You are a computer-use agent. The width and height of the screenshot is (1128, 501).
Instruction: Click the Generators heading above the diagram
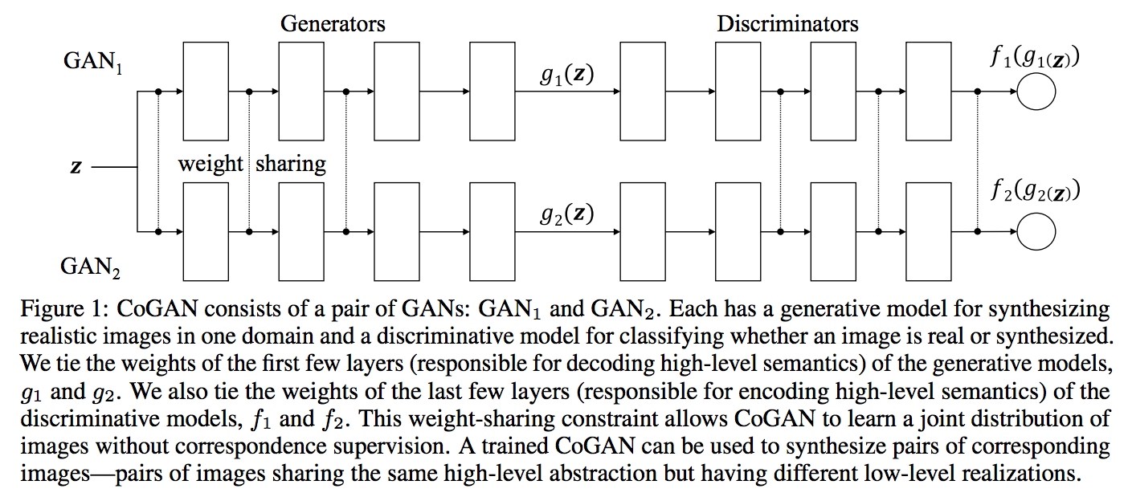pyautogui.click(x=333, y=23)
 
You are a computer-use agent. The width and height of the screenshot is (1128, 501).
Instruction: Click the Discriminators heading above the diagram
pyautogui.click(x=787, y=23)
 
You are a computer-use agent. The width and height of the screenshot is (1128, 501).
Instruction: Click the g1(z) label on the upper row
pyautogui.click(x=566, y=76)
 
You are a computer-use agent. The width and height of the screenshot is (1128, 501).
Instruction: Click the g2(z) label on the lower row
pyautogui.click(x=566, y=215)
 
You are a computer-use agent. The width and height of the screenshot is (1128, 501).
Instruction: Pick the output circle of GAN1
pyautogui.click(x=1036, y=92)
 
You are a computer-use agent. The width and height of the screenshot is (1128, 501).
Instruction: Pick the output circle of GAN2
pyautogui.click(x=1036, y=231)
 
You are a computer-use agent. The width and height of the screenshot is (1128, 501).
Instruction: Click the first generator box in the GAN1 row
pyautogui.click(x=206, y=92)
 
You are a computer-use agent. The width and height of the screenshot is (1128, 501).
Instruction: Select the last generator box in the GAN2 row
pyautogui.click(x=492, y=231)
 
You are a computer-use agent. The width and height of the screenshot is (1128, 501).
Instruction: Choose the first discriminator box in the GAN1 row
pyautogui.click(x=643, y=92)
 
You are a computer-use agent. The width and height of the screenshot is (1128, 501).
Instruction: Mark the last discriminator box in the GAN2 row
pyautogui.click(x=928, y=231)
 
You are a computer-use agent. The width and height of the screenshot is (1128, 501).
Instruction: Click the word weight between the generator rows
pyautogui.click(x=210, y=164)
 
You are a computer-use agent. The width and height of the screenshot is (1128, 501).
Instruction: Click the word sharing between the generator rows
pyautogui.click(x=291, y=164)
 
